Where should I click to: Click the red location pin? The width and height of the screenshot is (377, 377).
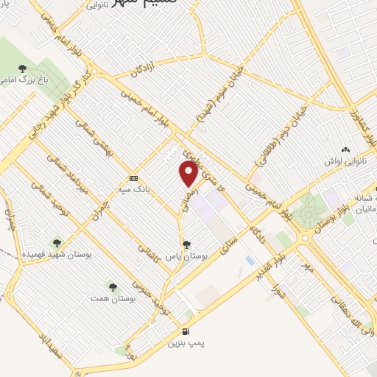188,174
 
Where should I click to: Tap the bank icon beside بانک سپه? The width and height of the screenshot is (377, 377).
133,178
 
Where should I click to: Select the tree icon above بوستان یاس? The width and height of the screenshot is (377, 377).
186,244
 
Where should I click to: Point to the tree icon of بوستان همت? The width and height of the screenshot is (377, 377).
113,286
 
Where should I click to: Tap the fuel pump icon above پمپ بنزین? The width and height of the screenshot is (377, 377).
186,331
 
